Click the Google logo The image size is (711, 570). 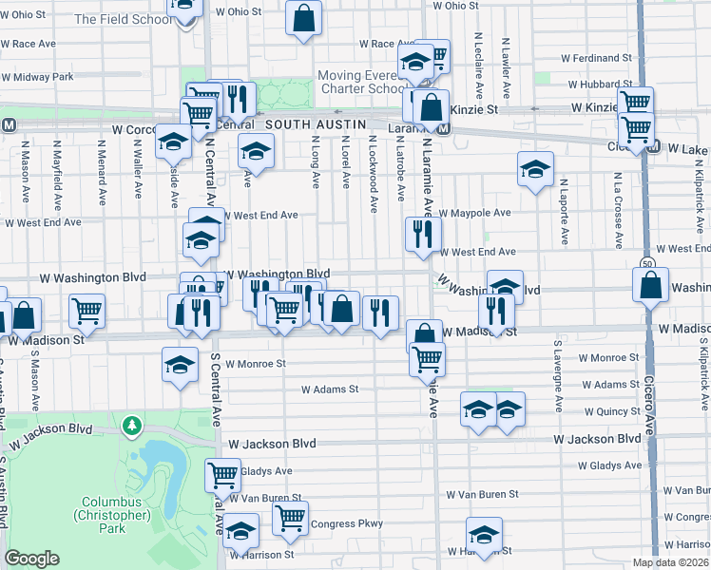(32, 559)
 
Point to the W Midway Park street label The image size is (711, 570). (37, 77)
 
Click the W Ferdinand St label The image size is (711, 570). (596, 59)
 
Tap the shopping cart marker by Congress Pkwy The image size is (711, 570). (290, 517)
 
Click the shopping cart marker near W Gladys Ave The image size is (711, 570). (222, 473)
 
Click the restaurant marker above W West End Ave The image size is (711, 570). (423, 233)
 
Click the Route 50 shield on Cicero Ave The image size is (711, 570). (646, 261)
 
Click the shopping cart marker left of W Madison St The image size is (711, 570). (86, 309)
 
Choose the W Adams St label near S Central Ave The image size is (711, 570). (330, 389)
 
